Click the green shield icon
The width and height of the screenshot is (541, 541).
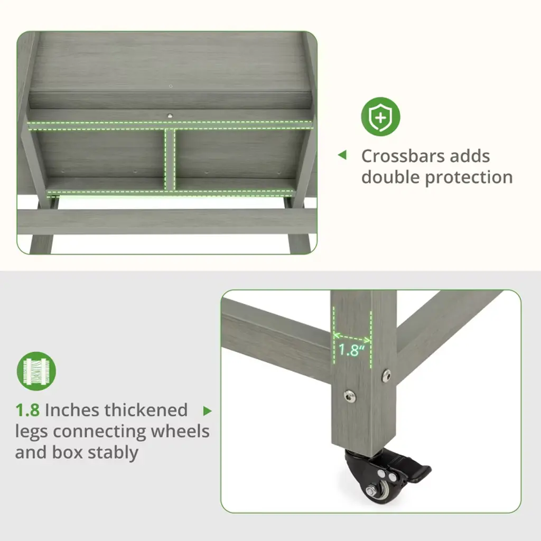click(x=380, y=117)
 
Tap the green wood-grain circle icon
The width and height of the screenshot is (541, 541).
click(x=36, y=371)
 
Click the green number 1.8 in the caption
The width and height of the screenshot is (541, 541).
click(x=27, y=410)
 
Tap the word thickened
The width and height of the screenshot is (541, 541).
click(x=146, y=410)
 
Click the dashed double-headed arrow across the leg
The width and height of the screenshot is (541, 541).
click(x=352, y=338)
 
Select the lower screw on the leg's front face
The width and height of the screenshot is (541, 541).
click(x=350, y=395)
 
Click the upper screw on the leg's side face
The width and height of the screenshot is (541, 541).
click(x=386, y=376)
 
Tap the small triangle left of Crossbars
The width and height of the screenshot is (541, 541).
click(x=342, y=155)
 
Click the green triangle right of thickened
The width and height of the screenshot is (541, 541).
click(x=207, y=411)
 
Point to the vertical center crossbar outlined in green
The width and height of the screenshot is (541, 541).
click(x=170, y=158)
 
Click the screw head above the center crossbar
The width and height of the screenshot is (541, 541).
click(x=170, y=116)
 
